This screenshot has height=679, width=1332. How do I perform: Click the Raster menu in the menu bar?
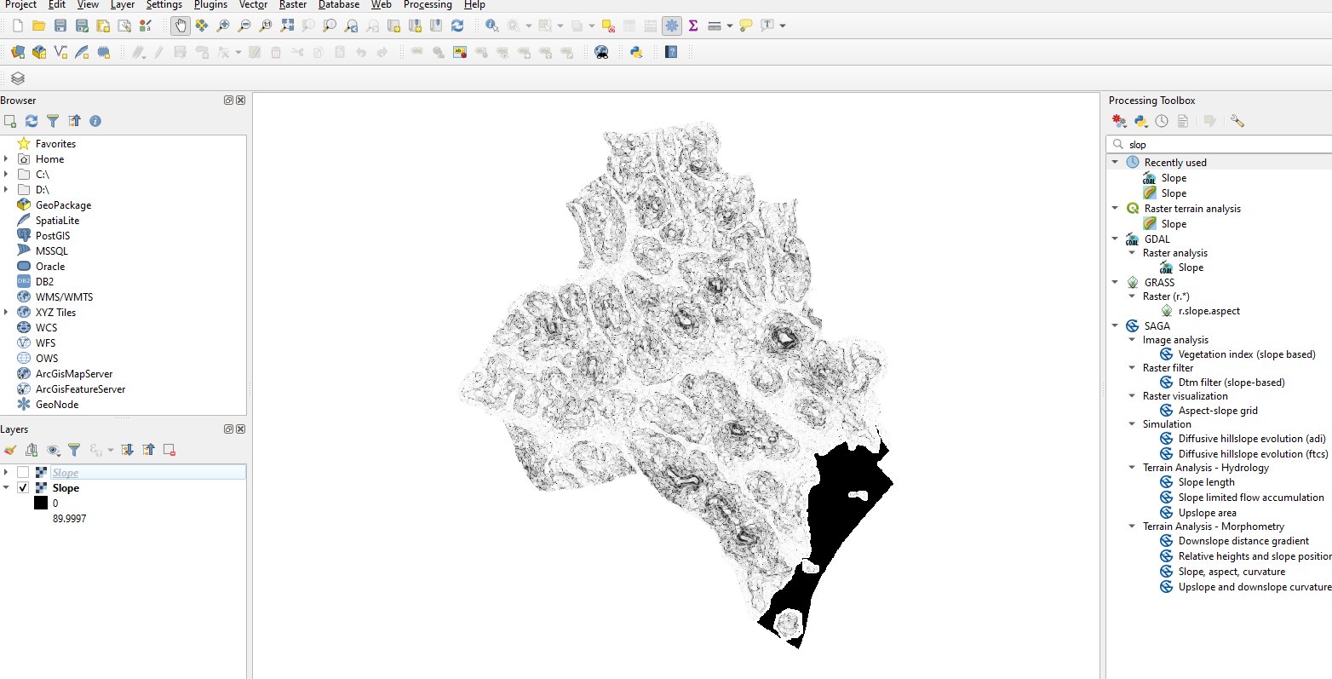tap(293, 5)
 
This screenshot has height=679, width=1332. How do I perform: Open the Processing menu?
tap(428, 5)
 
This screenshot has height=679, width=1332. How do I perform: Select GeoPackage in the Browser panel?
tap(63, 205)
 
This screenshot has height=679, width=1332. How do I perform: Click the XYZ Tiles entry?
tap(55, 313)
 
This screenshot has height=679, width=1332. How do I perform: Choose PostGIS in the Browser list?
tap(53, 236)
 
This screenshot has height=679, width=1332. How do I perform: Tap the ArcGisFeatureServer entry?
tap(80, 389)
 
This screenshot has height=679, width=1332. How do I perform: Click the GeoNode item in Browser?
tap(57, 405)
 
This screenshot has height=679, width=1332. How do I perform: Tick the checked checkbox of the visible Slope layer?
tap(23, 488)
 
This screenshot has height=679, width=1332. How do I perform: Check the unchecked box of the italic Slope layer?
tap(23, 473)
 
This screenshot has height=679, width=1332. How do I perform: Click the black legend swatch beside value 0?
tap(41, 503)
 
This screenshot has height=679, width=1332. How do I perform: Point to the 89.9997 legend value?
tap(69, 519)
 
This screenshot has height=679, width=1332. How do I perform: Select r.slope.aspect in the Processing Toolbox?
tap(1209, 311)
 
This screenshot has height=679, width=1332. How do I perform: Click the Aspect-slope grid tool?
tap(1218, 411)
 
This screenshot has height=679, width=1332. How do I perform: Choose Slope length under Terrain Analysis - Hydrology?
tap(1206, 482)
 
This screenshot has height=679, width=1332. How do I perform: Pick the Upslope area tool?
tap(1207, 513)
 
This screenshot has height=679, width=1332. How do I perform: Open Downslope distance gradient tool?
tap(1243, 541)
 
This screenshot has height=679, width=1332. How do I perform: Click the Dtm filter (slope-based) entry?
tap(1231, 383)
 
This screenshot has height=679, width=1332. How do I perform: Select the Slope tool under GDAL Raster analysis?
tap(1191, 268)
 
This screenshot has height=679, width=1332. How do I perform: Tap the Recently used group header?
tap(1174, 163)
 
